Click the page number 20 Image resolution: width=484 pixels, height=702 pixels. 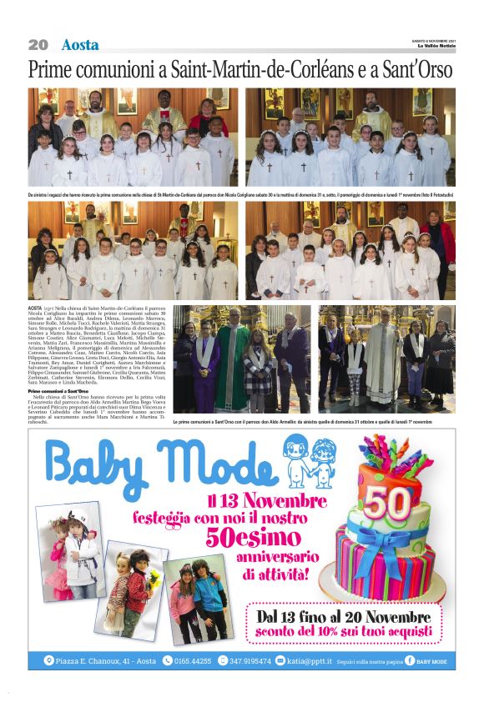click(38, 45)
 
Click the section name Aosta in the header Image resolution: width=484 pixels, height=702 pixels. click(80, 45)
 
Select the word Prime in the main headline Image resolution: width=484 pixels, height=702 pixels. click(53, 70)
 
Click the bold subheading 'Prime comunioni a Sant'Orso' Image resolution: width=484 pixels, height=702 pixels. click(58, 390)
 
